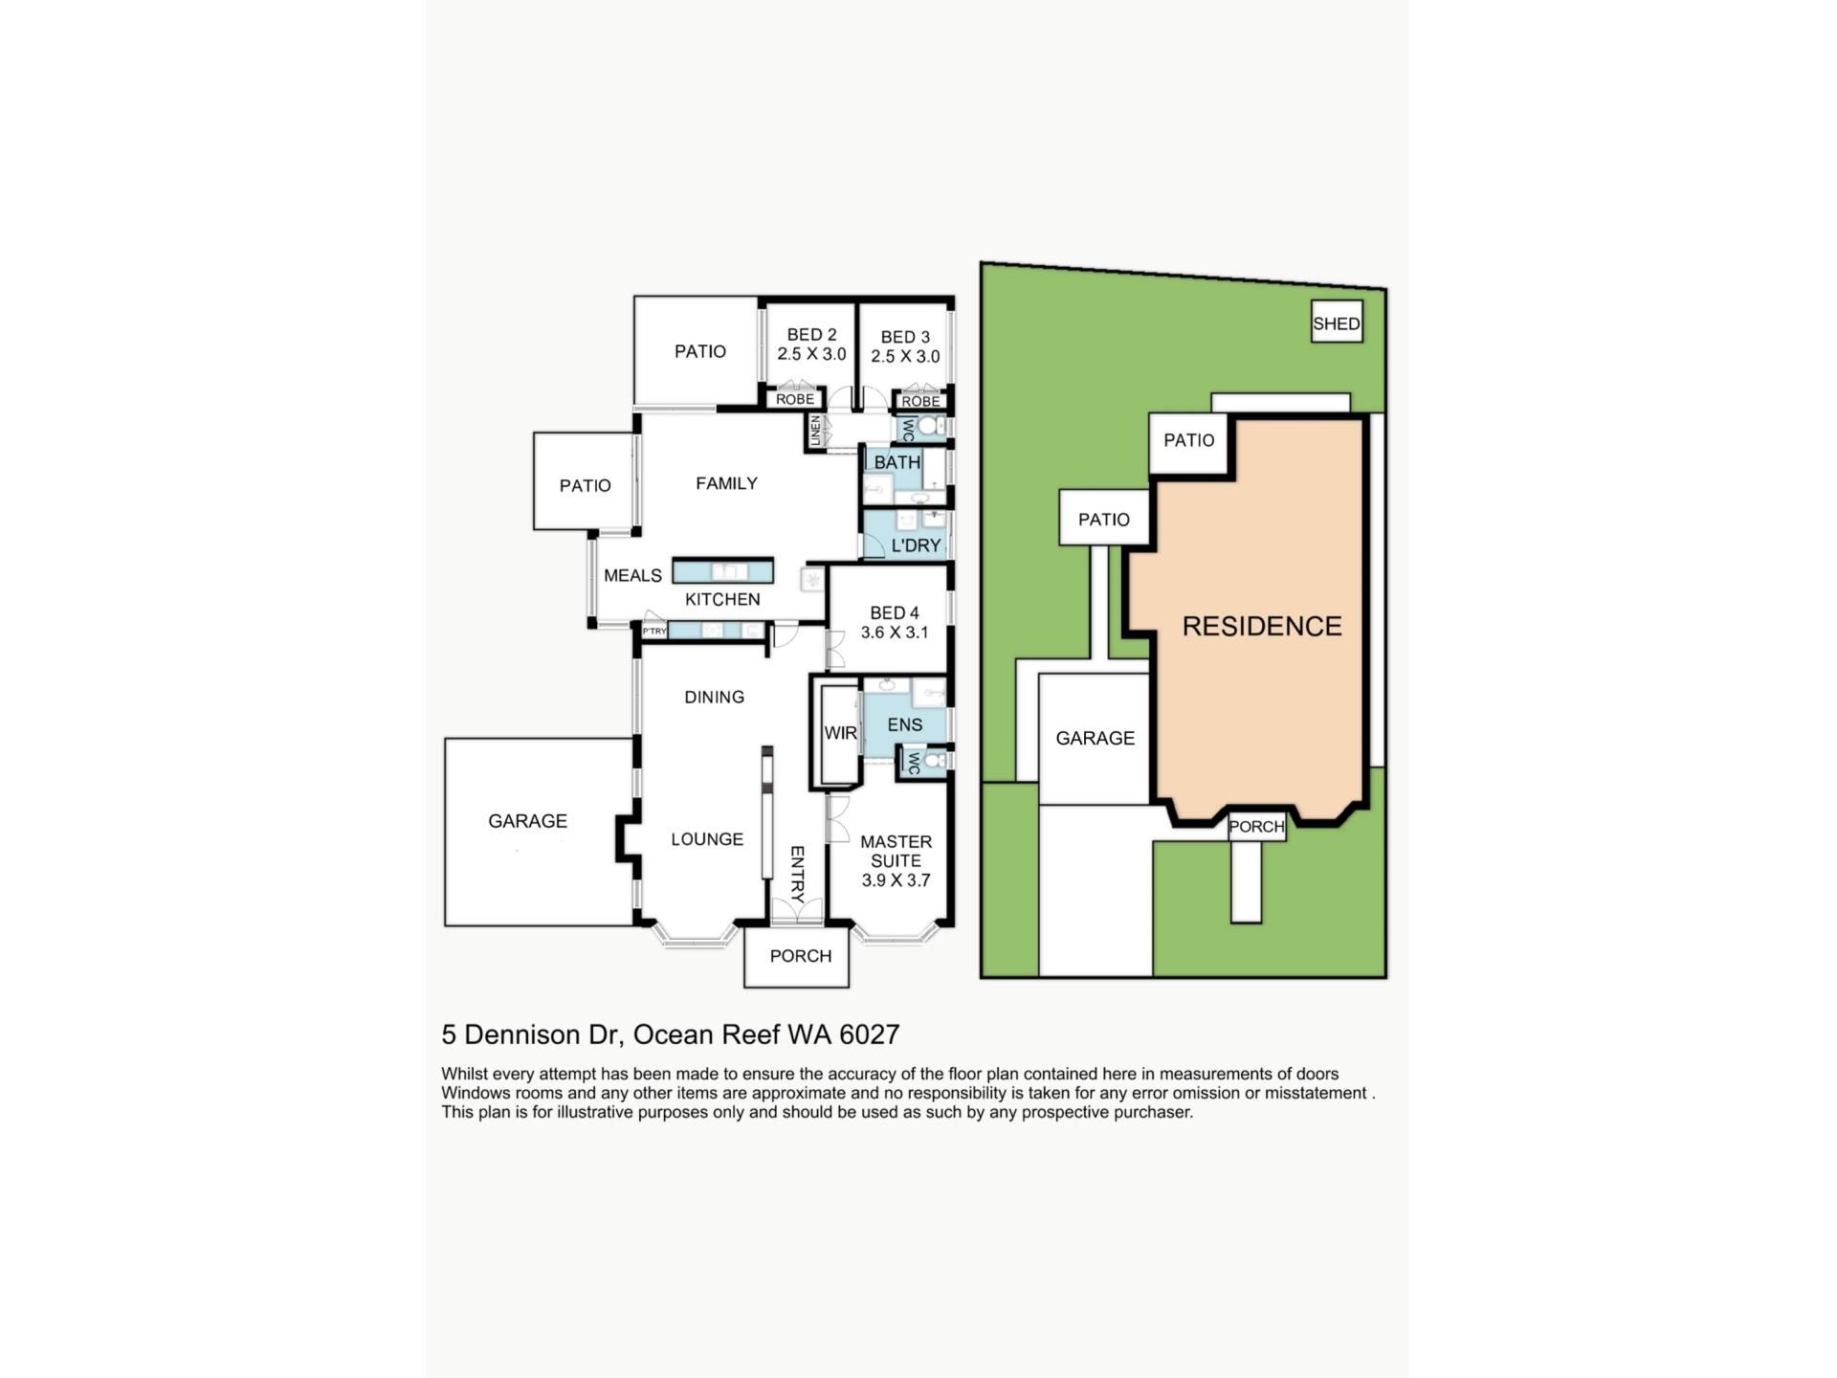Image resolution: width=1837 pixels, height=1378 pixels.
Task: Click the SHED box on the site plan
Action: [x=1336, y=323]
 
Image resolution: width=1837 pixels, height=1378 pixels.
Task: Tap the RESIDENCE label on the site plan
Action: [x=1261, y=626]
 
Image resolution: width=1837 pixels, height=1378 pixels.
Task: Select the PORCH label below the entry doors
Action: [x=800, y=956]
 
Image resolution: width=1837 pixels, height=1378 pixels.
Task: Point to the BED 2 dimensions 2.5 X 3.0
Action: [x=811, y=354]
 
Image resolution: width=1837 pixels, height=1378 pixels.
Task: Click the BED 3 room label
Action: [x=904, y=337]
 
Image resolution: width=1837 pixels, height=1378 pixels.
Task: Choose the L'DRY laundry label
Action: [x=916, y=545]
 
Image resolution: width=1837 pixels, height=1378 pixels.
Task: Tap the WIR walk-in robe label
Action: [x=840, y=733]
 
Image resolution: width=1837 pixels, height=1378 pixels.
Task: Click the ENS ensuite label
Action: [x=904, y=725]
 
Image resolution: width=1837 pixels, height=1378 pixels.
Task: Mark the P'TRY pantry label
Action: [x=654, y=632]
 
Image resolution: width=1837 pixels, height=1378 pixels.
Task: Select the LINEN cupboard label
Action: [x=815, y=430]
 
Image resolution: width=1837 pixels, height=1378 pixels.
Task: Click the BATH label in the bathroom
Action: [x=896, y=462]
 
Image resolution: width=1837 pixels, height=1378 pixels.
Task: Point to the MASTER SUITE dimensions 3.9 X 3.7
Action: [x=896, y=880]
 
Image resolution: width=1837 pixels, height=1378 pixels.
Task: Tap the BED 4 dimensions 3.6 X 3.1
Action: [x=895, y=633]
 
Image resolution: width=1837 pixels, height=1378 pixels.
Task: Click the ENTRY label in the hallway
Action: [x=797, y=874]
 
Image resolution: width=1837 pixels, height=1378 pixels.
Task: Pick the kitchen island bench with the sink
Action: [x=722, y=571]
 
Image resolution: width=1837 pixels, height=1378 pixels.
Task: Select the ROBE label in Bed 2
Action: [x=795, y=399]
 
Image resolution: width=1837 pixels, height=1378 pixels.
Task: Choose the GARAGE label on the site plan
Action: [x=1095, y=738]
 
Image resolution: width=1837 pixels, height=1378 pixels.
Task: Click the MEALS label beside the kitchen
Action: [x=632, y=575]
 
